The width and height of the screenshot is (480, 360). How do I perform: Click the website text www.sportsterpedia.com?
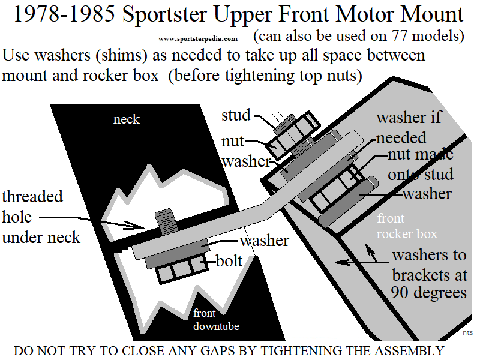(198, 38)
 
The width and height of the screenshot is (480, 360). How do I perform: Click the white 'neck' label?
(126, 119)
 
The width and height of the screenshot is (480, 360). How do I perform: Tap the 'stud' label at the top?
(235, 115)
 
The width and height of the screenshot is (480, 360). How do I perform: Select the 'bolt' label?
(229, 261)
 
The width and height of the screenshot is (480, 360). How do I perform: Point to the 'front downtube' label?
(215, 320)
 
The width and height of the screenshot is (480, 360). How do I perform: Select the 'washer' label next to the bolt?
(265, 241)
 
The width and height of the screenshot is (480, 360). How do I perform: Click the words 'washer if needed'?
(408, 127)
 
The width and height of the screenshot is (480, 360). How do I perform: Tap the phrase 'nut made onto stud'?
(420, 164)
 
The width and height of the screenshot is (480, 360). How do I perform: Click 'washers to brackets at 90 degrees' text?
(429, 274)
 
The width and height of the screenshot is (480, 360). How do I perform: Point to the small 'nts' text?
(467, 331)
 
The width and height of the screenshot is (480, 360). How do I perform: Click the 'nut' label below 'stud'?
(233, 141)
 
